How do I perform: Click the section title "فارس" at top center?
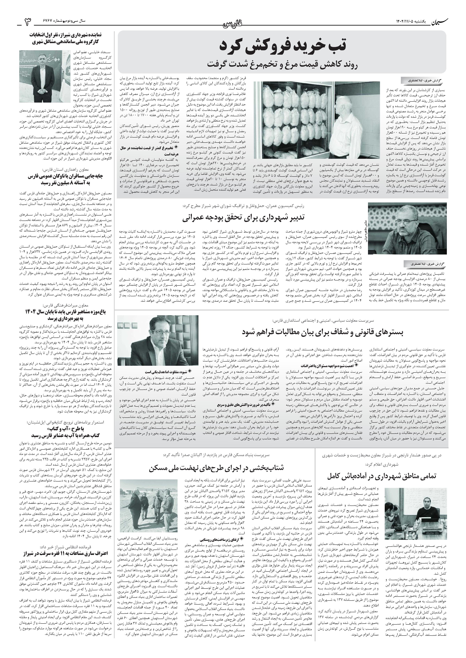coord(233,23)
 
